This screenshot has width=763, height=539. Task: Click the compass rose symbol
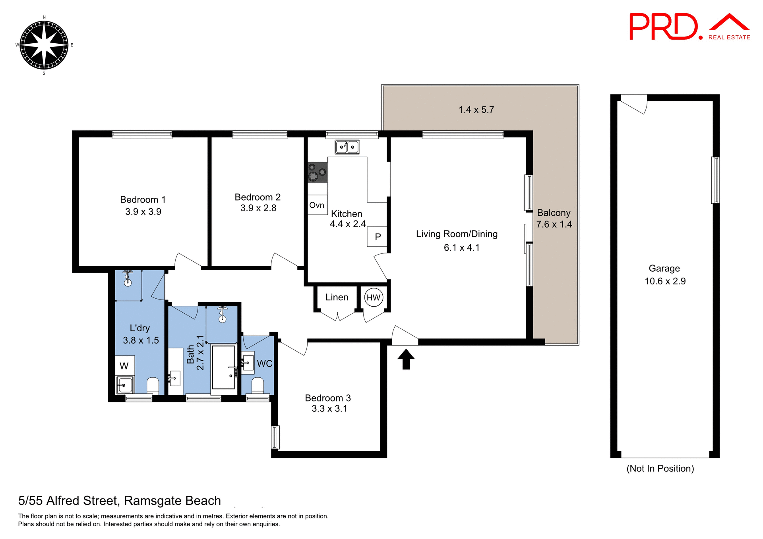pos(44,45)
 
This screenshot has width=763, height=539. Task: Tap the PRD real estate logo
pos(689,27)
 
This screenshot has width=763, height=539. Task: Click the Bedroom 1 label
pos(143,200)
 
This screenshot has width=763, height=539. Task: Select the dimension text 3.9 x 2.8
pos(258,208)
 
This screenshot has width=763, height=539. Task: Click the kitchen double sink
pos(347,147)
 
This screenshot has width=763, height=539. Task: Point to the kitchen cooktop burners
pos(318,172)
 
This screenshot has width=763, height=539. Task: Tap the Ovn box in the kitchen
pos(317,205)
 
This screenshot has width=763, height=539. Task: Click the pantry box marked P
pos(377,237)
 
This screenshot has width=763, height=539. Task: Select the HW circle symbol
pos(373,298)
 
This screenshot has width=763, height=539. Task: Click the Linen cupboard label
pos(337,297)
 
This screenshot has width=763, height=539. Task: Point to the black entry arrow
pos(406,359)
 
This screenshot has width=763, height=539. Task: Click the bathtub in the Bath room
pos(223,367)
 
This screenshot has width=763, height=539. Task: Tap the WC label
pos(265,364)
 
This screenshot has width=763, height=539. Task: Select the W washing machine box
pos(124,366)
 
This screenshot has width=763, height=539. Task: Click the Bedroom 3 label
pos(327,398)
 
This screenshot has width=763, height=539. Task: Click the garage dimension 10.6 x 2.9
pos(665,281)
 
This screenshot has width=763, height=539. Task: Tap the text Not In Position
pos(660,469)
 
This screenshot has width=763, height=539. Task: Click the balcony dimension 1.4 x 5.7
pos(476,110)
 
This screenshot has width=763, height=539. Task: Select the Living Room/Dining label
pos(457,234)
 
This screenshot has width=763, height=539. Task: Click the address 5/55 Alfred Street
pos(119,501)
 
